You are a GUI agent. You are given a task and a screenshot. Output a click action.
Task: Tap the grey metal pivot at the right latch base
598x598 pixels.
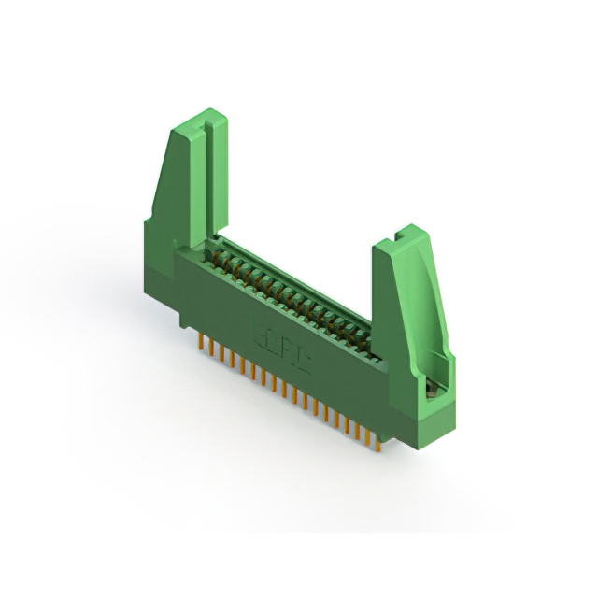coord(432,391)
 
